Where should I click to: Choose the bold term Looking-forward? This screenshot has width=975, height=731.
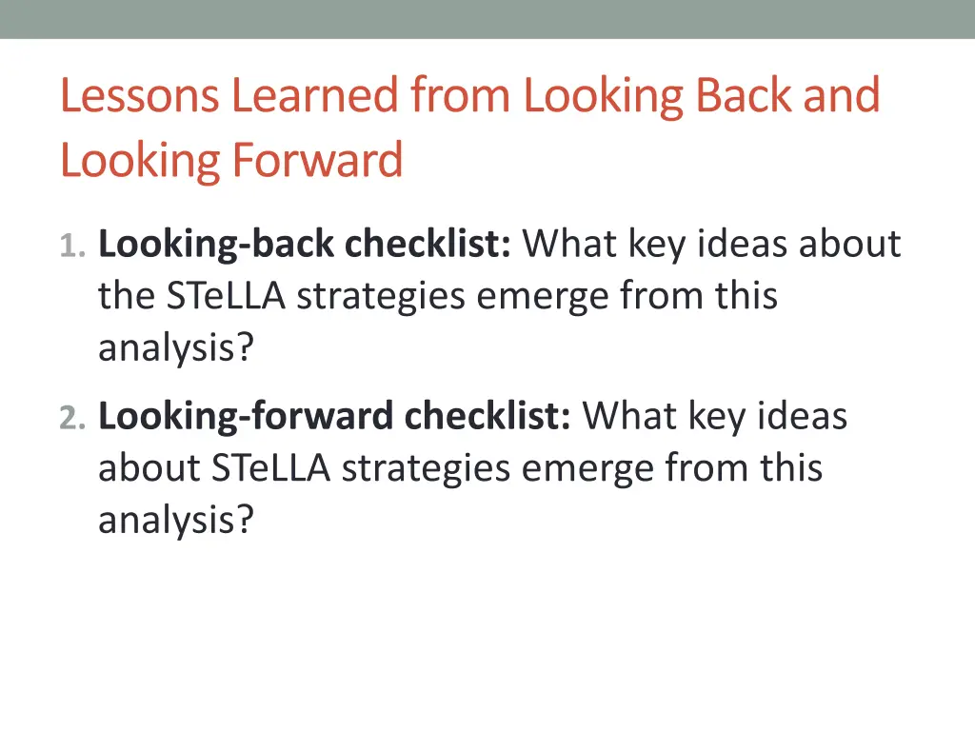click(x=246, y=417)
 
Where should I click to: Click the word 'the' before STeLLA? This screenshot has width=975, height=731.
click(x=127, y=296)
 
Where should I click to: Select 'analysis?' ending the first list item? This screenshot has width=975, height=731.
click(x=176, y=349)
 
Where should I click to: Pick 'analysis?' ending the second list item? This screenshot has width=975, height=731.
click(x=176, y=521)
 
